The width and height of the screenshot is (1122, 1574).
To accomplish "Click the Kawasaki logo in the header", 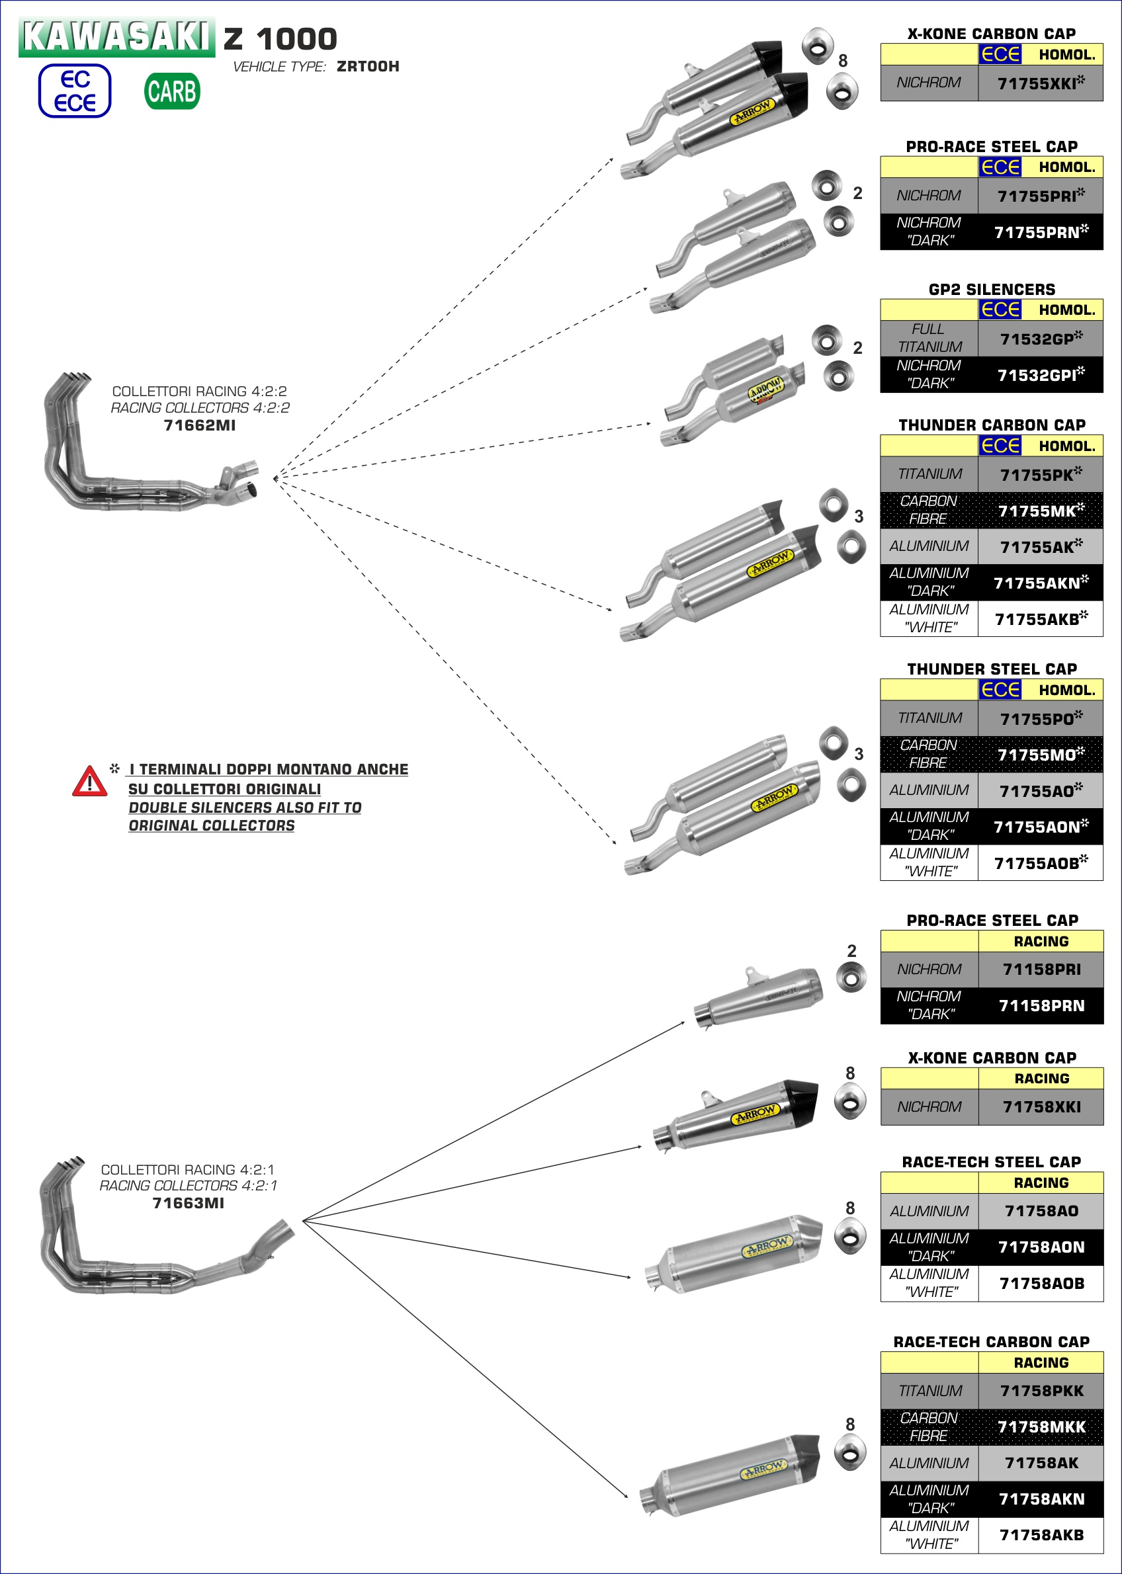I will (x=116, y=36).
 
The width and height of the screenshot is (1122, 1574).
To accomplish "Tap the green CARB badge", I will (x=172, y=91).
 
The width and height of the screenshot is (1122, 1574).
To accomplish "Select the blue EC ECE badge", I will (x=75, y=91).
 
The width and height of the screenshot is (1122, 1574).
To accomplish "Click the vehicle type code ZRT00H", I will (x=368, y=66).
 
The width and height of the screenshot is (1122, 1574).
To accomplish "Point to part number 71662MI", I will (x=200, y=425).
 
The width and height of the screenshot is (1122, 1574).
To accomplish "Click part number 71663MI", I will (x=188, y=1203).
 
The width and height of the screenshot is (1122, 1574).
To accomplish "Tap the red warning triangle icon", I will (x=90, y=781).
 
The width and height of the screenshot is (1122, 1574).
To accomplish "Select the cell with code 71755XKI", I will (x=1040, y=83).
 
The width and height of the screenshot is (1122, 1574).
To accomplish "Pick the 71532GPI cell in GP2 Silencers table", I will (x=1040, y=375).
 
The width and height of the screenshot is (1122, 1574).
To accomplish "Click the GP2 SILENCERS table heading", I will (x=992, y=290).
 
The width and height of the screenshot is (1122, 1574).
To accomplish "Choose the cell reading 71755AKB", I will (x=1040, y=620).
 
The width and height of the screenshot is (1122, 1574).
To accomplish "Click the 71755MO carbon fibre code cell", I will (x=1040, y=755).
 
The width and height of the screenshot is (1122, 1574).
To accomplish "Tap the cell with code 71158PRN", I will (x=1041, y=1006).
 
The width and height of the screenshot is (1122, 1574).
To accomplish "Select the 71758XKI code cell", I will (x=1041, y=1106).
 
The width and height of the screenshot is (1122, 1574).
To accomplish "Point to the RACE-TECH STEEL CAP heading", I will (x=992, y=1162).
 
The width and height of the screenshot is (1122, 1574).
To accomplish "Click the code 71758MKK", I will (x=1041, y=1427).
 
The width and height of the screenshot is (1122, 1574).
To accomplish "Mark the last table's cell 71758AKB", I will (x=1041, y=1534).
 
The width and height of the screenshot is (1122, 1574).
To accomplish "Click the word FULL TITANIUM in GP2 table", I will (x=929, y=338).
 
